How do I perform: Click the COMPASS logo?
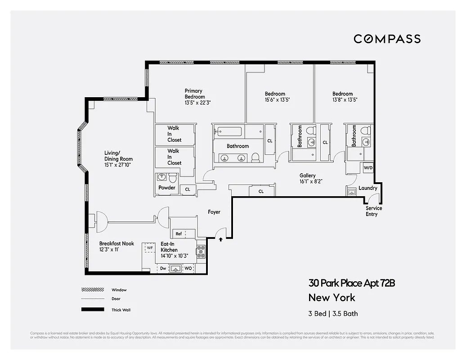coord(387,39)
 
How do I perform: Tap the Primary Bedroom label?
coord(195,94)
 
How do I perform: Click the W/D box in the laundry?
coord(368,168)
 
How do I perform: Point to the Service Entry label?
coord(373,211)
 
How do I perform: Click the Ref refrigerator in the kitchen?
coord(179,234)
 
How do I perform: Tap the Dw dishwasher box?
coord(163,269)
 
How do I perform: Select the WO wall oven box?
coord(188,269)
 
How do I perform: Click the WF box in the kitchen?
coord(149,247)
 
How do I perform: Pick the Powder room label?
coord(166,188)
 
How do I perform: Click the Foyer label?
coord(214,212)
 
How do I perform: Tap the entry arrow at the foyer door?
coord(220,240)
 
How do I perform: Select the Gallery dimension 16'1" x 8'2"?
coord(311,181)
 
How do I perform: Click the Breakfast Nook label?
coord(116,243)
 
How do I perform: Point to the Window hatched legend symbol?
coord(93,290)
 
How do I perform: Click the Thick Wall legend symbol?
coord(93,310)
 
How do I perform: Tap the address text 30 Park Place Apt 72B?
coord(351,283)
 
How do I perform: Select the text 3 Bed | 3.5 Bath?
coord(333,314)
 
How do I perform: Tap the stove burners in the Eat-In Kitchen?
coord(201,252)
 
